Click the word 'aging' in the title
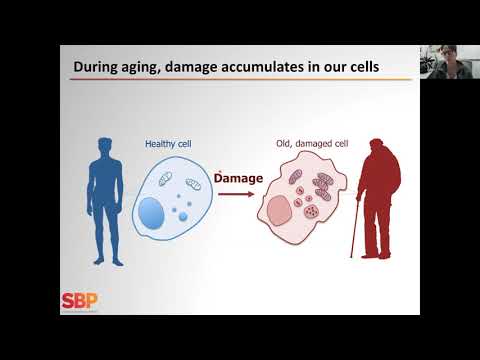coord(150,69)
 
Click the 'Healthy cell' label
coord(169,143)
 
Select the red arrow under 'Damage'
coord(235,194)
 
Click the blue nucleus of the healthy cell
coord(153,211)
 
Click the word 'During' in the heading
coord(96,68)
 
